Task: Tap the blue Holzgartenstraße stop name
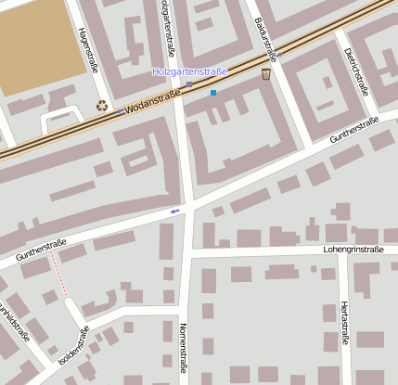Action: click(x=190, y=71)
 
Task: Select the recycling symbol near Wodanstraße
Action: click(x=102, y=106)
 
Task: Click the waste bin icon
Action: click(x=266, y=73)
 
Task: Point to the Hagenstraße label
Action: click(x=87, y=48)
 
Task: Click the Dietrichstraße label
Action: click(x=356, y=72)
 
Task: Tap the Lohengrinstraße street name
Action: click(x=353, y=249)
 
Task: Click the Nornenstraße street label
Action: click(x=183, y=347)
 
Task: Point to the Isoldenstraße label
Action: click(x=75, y=344)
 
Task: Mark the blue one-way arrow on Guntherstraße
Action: click(x=174, y=212)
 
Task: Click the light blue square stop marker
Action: click(x=213, y=93)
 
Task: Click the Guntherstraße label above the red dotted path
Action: click(x=42, y=249)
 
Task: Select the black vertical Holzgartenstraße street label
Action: click(x=168, y=28)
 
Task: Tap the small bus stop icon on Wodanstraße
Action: click(x=190, y=85)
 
